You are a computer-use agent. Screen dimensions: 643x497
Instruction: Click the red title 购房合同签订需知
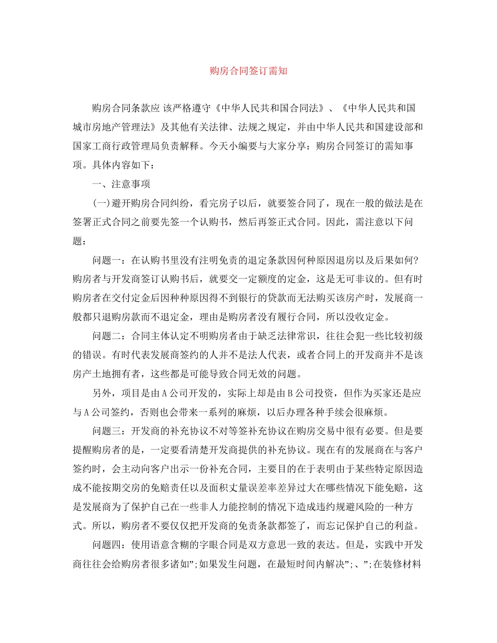coord(249,71)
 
